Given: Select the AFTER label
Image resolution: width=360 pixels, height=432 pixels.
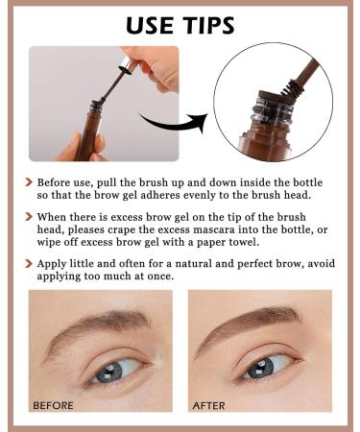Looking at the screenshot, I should (x=208, y=405).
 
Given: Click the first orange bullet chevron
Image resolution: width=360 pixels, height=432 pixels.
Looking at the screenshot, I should (x=28, y=181).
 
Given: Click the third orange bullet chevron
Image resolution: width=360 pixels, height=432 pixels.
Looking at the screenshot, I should (x=28, y=262).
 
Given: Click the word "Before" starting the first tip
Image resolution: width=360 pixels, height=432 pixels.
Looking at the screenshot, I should (x=57, y=181).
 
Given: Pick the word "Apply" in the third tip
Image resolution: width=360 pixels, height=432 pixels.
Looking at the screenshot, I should (x=54, y=262).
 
